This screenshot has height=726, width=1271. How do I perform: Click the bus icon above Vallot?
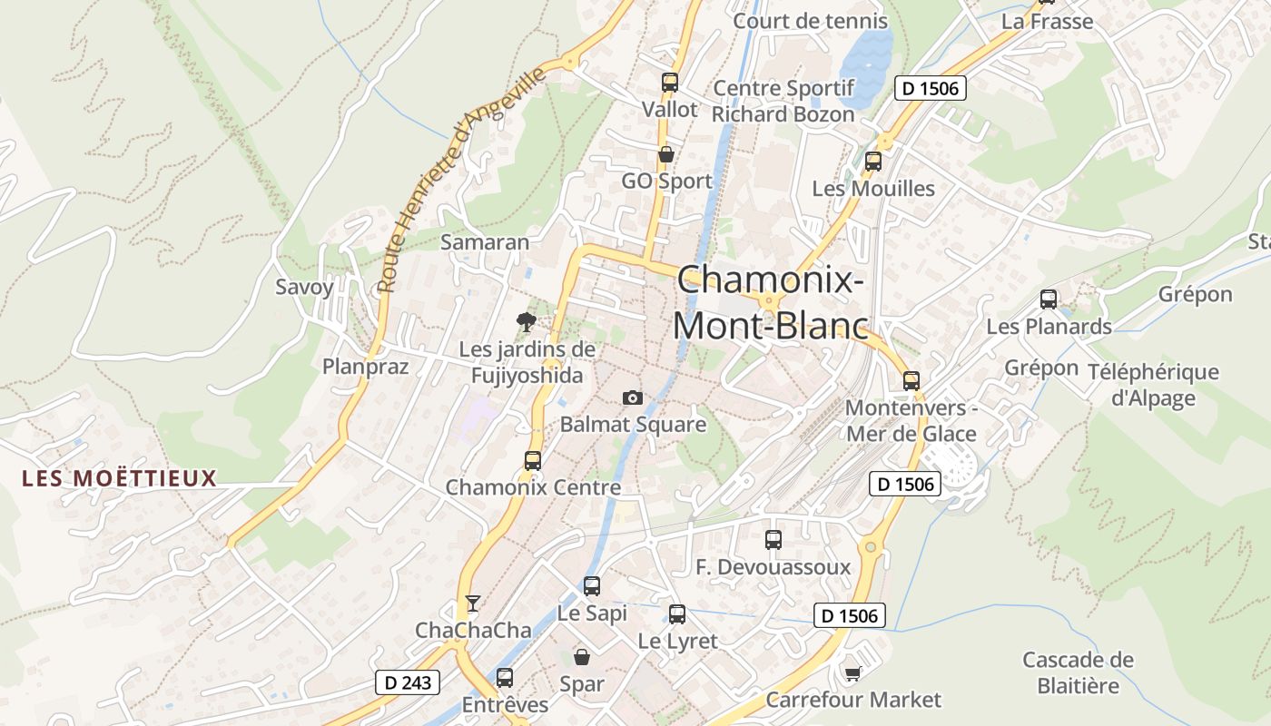670,83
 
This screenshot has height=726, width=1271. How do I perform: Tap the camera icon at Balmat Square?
633,397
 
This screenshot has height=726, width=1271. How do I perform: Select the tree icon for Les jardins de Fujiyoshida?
526,320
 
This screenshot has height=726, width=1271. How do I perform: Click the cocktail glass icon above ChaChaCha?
472,603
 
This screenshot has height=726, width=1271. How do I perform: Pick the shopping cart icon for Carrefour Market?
852,672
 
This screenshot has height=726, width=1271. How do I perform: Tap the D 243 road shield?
408,682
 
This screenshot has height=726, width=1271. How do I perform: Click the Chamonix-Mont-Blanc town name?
770,301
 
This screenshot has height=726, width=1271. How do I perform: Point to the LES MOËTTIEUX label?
120,478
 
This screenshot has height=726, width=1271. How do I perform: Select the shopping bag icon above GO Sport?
666,154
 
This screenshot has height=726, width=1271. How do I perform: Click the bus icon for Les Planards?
1049,299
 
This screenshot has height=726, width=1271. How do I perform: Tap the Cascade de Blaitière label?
1078,672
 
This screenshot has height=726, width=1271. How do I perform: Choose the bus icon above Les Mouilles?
873,162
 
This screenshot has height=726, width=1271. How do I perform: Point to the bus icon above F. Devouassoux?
773,540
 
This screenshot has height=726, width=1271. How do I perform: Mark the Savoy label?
304,288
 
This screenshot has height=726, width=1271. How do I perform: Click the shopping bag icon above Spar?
582,656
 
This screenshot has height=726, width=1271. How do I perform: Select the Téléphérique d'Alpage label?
1153,385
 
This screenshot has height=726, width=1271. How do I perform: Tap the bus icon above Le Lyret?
677,614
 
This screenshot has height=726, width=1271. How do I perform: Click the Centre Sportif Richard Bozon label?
783,101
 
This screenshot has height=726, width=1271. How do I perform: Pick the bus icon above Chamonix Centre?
533,460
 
